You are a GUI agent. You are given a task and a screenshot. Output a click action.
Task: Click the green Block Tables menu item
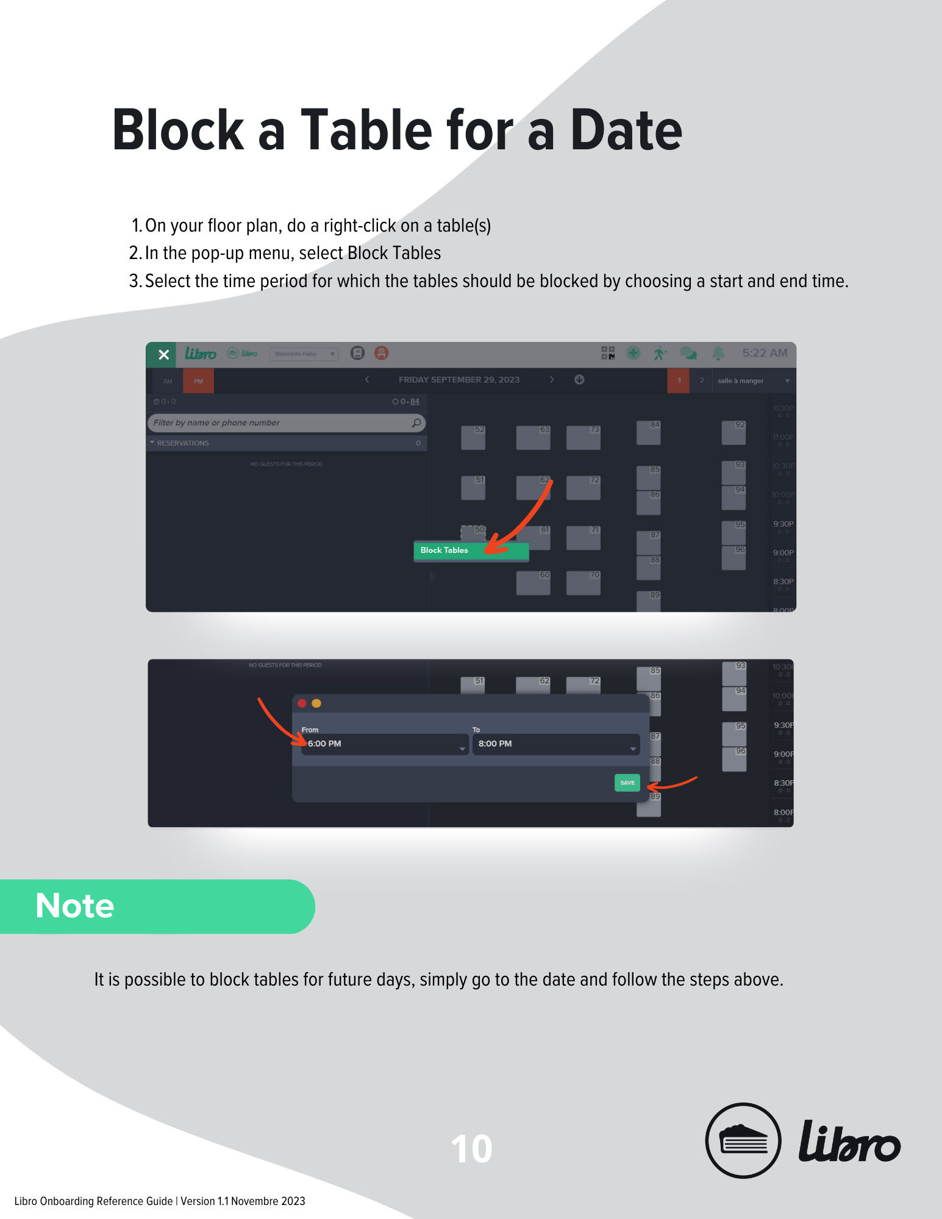(x=470, y=550)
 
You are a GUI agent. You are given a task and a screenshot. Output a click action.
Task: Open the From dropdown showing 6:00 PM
(x=384, y=744)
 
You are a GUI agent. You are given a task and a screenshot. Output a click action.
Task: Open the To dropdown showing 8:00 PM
(x=555, y=744)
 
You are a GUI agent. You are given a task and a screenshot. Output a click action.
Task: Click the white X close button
(x=163, y=355)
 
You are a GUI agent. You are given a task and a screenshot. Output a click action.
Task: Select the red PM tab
(x=198, y=381)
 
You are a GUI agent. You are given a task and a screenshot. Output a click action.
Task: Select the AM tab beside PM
(x=168, y=381)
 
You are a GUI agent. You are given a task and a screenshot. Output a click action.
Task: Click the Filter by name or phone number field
(x=280, y=422)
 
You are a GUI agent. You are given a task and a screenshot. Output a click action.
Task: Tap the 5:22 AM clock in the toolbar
(x=765, y=353)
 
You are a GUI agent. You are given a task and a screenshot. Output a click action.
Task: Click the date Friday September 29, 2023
(x=459, y=380)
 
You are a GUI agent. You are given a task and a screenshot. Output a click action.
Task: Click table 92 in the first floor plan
(x=733, y=432)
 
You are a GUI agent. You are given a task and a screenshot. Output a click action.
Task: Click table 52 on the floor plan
(x=473, y=438)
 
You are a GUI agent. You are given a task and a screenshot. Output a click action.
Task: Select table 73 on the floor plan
(x=583, y=438)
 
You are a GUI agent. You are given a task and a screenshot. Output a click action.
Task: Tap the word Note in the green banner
(x=75, y=906)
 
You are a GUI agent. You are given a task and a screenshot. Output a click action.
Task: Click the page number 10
(x=471, y=1149)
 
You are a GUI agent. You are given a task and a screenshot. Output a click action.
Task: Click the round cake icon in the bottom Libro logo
(x=743, y=1140)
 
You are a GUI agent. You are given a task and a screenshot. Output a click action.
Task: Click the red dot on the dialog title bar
(x=302, y=703)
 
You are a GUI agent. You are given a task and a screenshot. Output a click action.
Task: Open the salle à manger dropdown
(x=753, y=381)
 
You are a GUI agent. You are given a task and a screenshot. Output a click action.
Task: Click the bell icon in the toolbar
(x=718, y=353)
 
